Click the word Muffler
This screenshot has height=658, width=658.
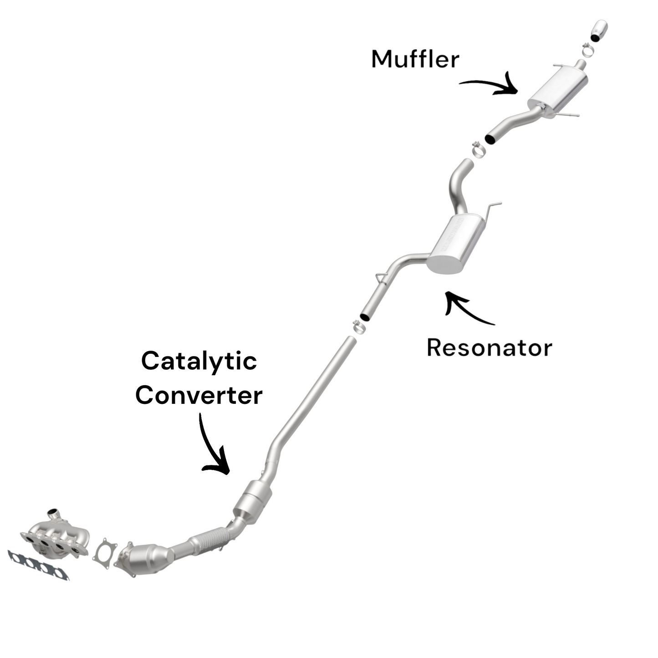415,59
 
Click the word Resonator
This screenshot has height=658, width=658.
489,348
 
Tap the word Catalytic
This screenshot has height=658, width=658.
199,362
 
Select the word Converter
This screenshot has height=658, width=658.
199,395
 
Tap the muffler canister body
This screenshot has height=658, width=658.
558,89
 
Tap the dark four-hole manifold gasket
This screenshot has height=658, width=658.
39,565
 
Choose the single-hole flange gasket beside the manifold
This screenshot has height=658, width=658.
105,553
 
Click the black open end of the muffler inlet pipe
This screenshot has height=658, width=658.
491,138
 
